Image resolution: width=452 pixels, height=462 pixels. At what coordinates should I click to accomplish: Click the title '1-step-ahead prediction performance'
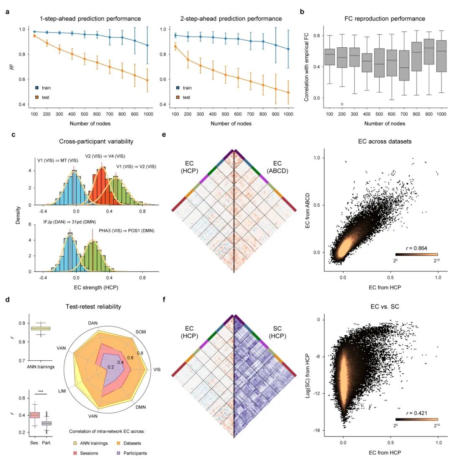pyautogui.click(x=90, y=19)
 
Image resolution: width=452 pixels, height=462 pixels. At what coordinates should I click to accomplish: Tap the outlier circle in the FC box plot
pyautogui.click(x=342, y=104)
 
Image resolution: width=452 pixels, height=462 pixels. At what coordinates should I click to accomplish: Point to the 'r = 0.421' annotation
pyautogui.click(x=416, y=413)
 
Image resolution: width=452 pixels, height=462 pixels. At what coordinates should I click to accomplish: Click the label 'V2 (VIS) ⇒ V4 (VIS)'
pyautogui.click(x=110, y=157)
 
